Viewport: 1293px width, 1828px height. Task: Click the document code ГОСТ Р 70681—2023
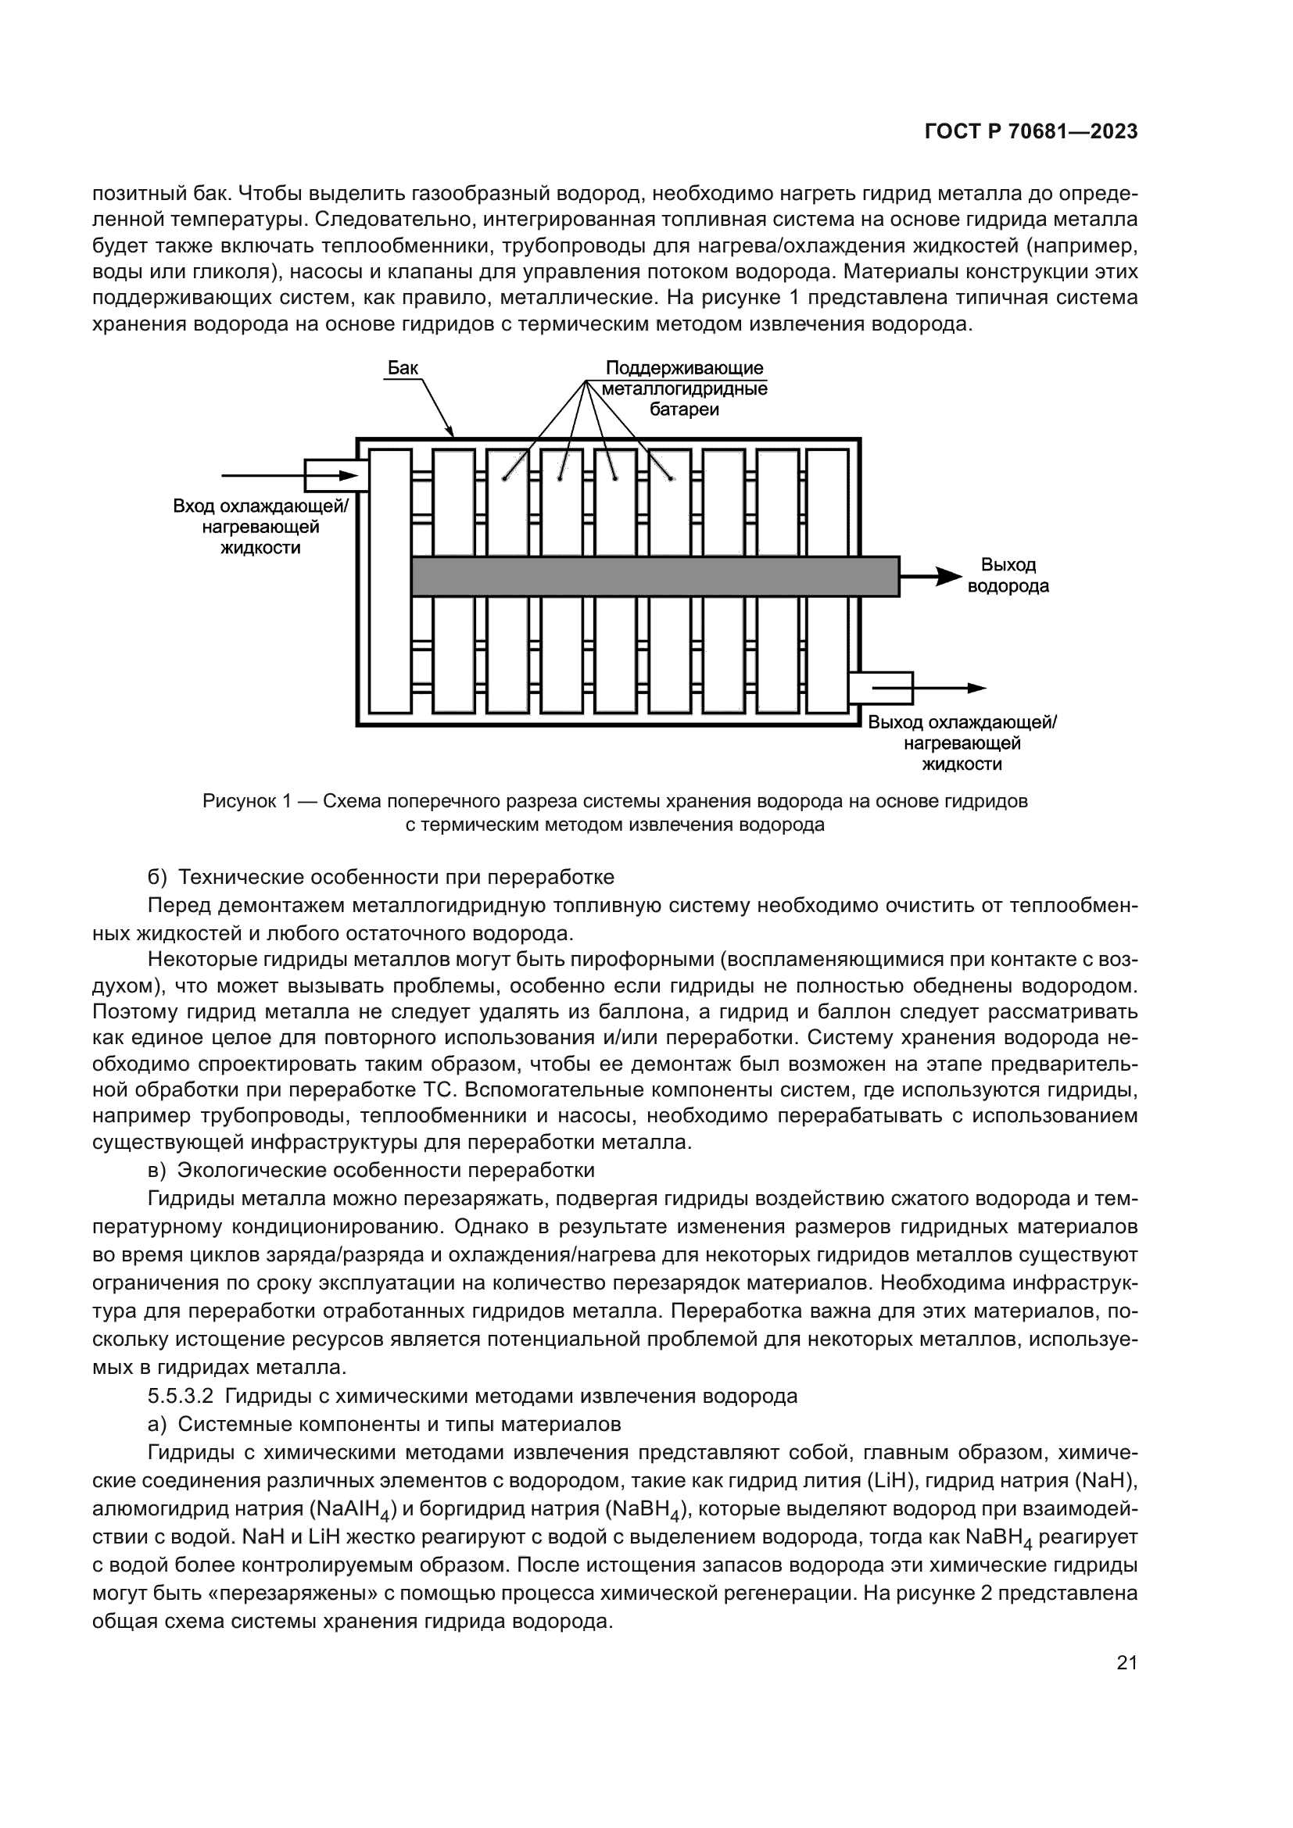click(1031, 132)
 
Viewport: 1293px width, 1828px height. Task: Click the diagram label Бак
click(403, 368)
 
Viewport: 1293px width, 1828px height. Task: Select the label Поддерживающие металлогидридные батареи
click(684, 388)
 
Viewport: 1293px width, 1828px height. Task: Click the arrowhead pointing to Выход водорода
click(949, 577)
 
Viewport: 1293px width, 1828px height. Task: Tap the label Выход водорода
click(1007, 576)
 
